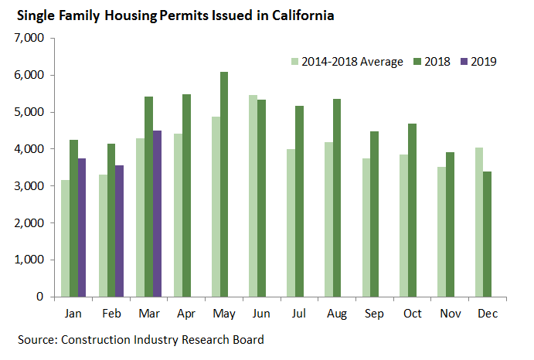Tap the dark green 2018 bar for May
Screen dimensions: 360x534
tap(223, 185)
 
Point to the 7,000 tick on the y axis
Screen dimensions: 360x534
tap(29, 38)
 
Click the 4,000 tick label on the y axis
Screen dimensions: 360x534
tap(29, 149)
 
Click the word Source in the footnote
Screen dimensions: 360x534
tap(39, 340)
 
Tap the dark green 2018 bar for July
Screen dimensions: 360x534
tap(299, 202)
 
